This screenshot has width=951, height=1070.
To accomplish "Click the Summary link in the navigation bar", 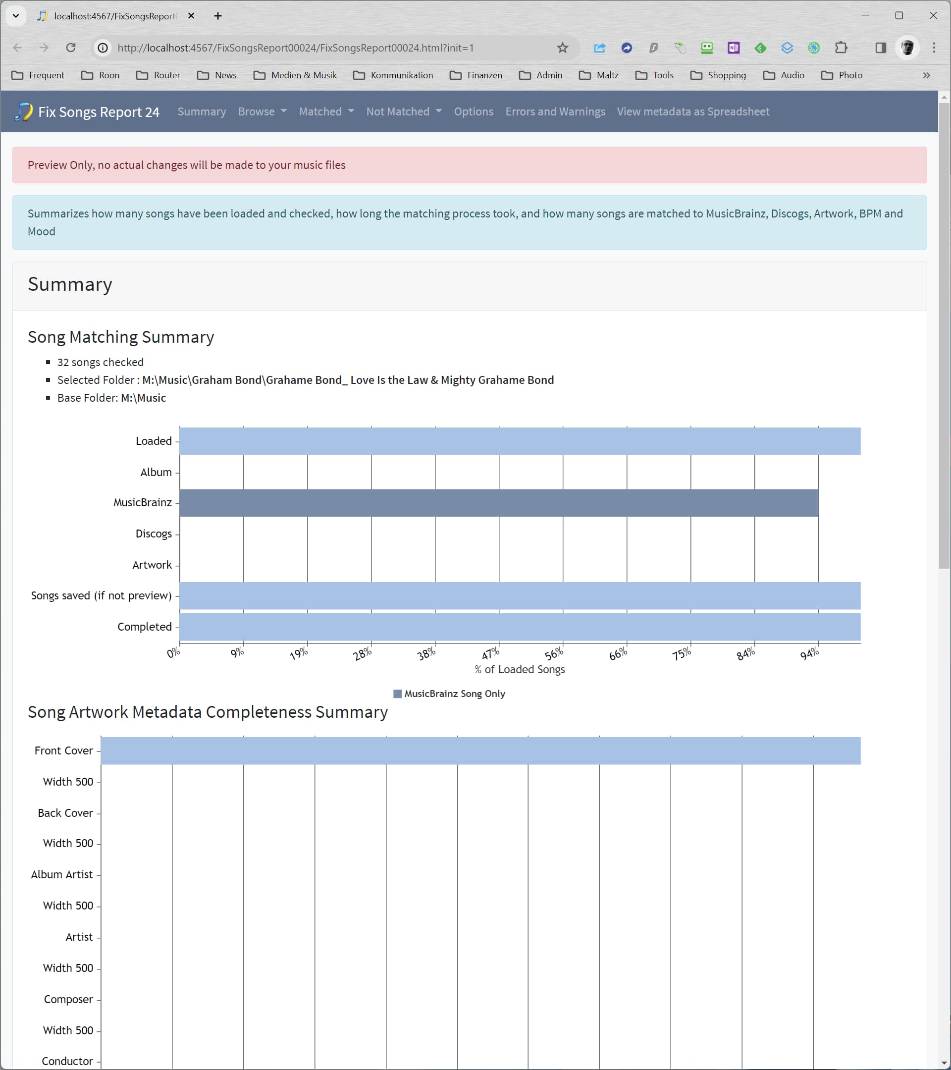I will pyautogui.click(x=202, y=111).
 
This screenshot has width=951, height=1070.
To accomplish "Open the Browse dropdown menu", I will pyautogui.click(x=262, y=111).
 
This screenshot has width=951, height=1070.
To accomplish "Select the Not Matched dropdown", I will pyautogui.click(x=404, y=111).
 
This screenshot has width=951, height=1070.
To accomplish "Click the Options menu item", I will pyautogui.click(x=473, y=111).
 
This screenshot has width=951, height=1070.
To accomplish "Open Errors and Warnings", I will pyautogui.click(x=555, y=111).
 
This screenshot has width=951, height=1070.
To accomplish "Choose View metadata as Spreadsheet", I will pyautogui.click(x=692, y=111).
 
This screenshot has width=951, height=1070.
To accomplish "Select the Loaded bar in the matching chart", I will pyautogui.click(x=519, y=441).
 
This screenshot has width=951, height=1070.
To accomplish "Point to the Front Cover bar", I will pyautogui.click(x=480, y=750).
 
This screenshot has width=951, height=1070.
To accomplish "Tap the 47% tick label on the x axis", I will pyautogui.click(x=490, y=654).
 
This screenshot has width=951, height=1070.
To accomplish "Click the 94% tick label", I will pyautogui.click(x=809, y=654).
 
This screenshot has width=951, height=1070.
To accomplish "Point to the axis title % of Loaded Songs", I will pyautogui.click(x=519, y=670).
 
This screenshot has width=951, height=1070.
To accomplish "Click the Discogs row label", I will pyautogui.click(x=154, y=534).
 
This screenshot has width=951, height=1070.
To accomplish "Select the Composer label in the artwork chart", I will pyautogui.click(x=68, y=999).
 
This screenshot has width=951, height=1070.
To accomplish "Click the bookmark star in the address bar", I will pyautogui.click(x=562, y=48).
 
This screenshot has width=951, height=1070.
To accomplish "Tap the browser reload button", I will pyautogui.click(x=71, y=48).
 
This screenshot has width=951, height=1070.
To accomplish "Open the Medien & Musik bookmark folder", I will pyautogui.click(x=296, y=75).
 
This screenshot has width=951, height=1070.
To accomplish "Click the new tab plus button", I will pyautogui.click(x=218, y=16).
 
